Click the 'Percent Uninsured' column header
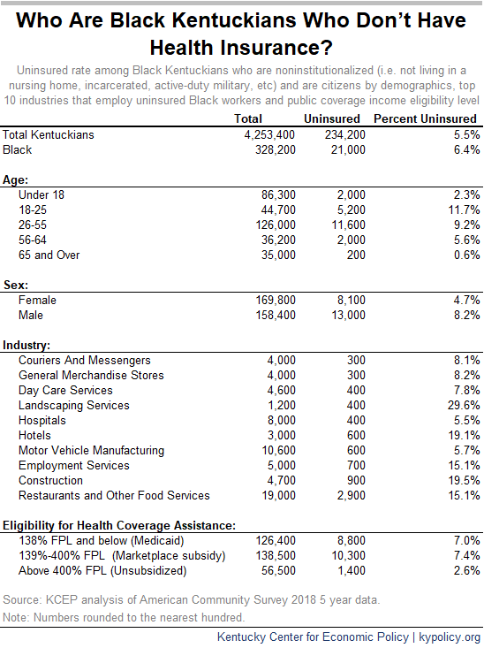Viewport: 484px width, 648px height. click(425, 119)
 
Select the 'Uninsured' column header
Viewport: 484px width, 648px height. click(332, 119)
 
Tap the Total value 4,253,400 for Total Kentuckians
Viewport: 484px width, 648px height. click(269, 134)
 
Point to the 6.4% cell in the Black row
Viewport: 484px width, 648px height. click(466, 149)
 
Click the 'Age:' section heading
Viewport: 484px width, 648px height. click(15, 179)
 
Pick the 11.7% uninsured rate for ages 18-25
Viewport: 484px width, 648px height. click(465, 210)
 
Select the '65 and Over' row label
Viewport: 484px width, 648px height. click(49, 255)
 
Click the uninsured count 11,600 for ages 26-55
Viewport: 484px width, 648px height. click(349, 225)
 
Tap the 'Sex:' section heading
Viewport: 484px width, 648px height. click(16, 286)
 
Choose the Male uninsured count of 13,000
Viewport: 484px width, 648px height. click(349, 316)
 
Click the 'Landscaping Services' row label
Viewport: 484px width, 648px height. click(74, 406)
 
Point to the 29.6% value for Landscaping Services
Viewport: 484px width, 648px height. click(464, 406)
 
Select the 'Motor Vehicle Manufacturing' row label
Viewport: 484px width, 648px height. click(91, 451)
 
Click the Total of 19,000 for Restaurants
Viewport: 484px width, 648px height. click(279, 496)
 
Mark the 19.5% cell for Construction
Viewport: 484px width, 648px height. click(465, 481)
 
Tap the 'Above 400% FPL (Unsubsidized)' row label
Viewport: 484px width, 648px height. click(102, 571)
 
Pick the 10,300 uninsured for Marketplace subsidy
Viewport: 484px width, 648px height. click(349, 556)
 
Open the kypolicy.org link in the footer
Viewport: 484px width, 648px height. click(450, 637)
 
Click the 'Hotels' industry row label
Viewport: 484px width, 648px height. click(34, 436)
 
